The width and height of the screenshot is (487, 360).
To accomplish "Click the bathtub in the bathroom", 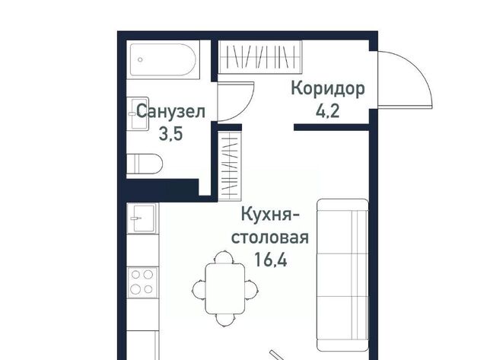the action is click(x=163, y=59).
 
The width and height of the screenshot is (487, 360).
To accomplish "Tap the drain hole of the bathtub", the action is click(x=140, y=59).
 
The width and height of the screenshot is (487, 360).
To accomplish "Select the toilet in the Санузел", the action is click(x=145, y=164).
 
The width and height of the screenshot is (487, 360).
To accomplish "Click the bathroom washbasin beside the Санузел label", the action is click(x=138, y=113).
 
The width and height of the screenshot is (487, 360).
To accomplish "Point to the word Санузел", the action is click(x=170, y=111).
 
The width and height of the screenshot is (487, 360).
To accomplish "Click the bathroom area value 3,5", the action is click(x=170, y=134).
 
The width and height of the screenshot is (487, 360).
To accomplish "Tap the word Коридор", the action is click(x=328, y=89).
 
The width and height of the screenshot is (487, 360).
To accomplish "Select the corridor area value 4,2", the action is click(x=328, y=111).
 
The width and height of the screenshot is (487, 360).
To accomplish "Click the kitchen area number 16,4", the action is click(x=270, y=260).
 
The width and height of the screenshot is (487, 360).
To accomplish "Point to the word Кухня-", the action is click(x=270, y=215).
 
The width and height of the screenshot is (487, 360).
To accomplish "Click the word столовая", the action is click(x=270, y=238).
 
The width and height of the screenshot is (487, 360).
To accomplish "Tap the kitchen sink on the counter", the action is click(x=143, y=218).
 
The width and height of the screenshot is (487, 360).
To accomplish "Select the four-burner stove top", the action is click(x=143, y=282).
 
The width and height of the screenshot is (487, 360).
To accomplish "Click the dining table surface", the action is click(x=225, y=288).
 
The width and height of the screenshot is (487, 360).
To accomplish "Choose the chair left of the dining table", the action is click(x=199, y=289).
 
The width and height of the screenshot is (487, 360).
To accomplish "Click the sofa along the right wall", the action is click(x=342, y=276).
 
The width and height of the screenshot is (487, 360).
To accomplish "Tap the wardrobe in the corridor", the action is click(x=260, y=57).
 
